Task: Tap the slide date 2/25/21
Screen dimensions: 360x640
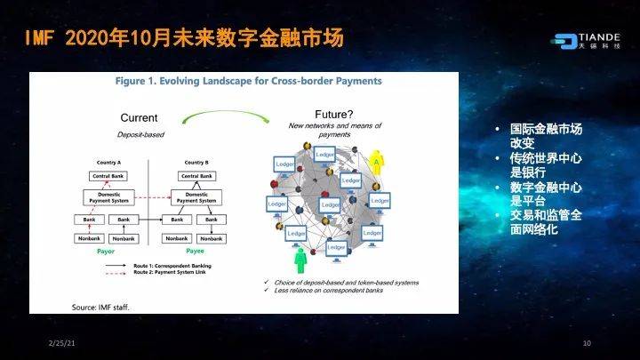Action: coord(60,343)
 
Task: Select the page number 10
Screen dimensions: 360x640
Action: coord(587,343)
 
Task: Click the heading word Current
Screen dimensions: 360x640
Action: coord(139,117)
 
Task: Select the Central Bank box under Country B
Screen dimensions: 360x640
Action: coord(196,176)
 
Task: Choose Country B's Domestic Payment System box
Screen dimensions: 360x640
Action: coord(196,197)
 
